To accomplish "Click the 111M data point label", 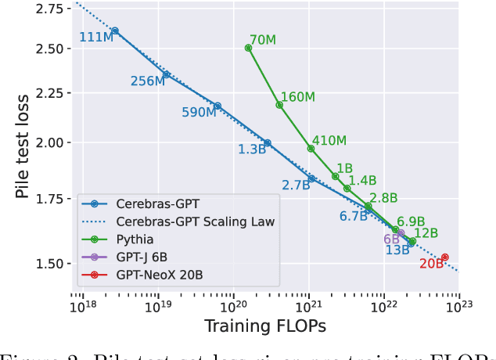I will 96,38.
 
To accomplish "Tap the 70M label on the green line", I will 263,40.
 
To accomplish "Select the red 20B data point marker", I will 444,257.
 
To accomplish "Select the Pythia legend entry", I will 131,239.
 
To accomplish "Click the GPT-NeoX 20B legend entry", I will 159,275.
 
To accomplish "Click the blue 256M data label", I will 147,81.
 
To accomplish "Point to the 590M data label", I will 199,113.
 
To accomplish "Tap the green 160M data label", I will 297,97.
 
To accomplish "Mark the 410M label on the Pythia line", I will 329,142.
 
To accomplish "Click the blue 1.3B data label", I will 253,149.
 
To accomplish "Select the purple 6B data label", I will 391,239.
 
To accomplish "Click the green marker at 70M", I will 248,48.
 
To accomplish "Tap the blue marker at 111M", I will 115,31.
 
